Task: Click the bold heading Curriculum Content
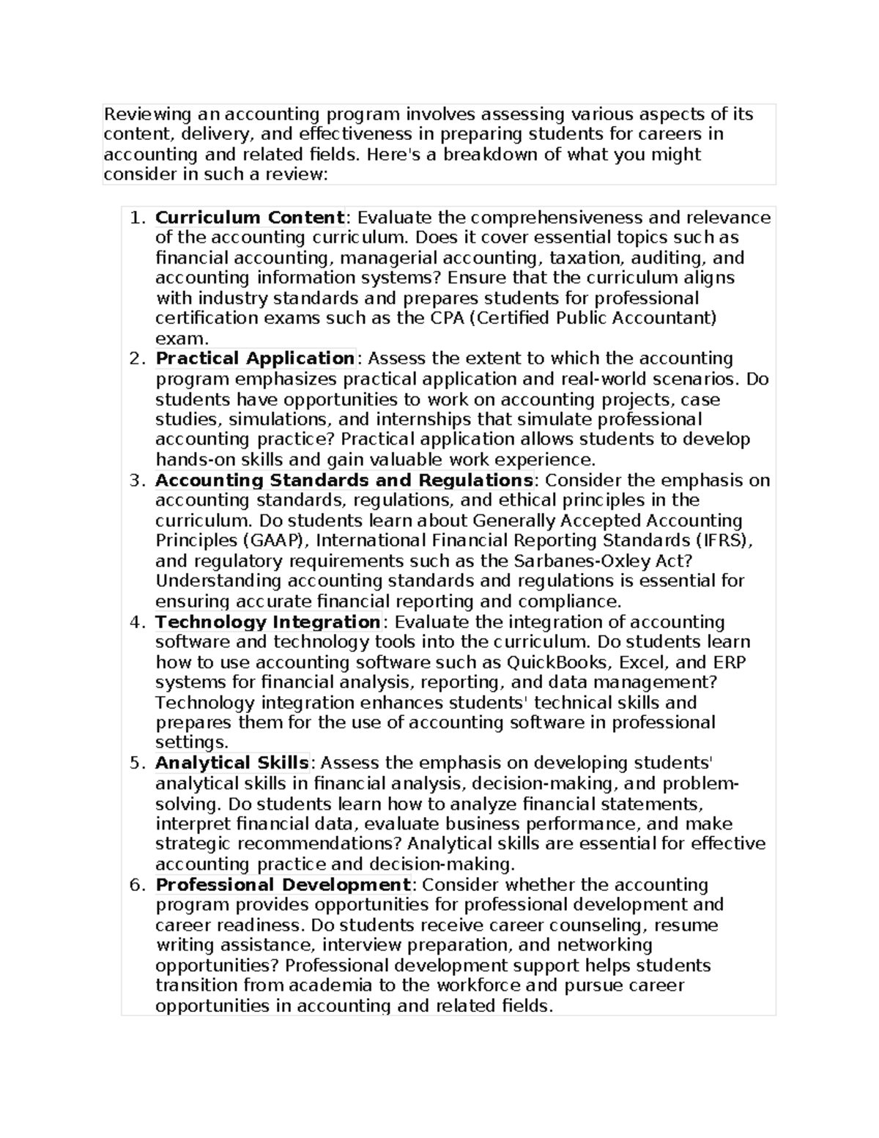click(x=250, y=218)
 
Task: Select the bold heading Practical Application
click(x=255, y=358)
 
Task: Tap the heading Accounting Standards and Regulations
click(x=344, y=481)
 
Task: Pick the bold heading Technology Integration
click(x=267, y=622)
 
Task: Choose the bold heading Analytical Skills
click(x=231, y=763)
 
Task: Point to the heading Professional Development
click(x=283, y=884)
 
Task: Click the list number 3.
click(x=135, y=481)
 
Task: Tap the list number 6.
click(x=135, y=884)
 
